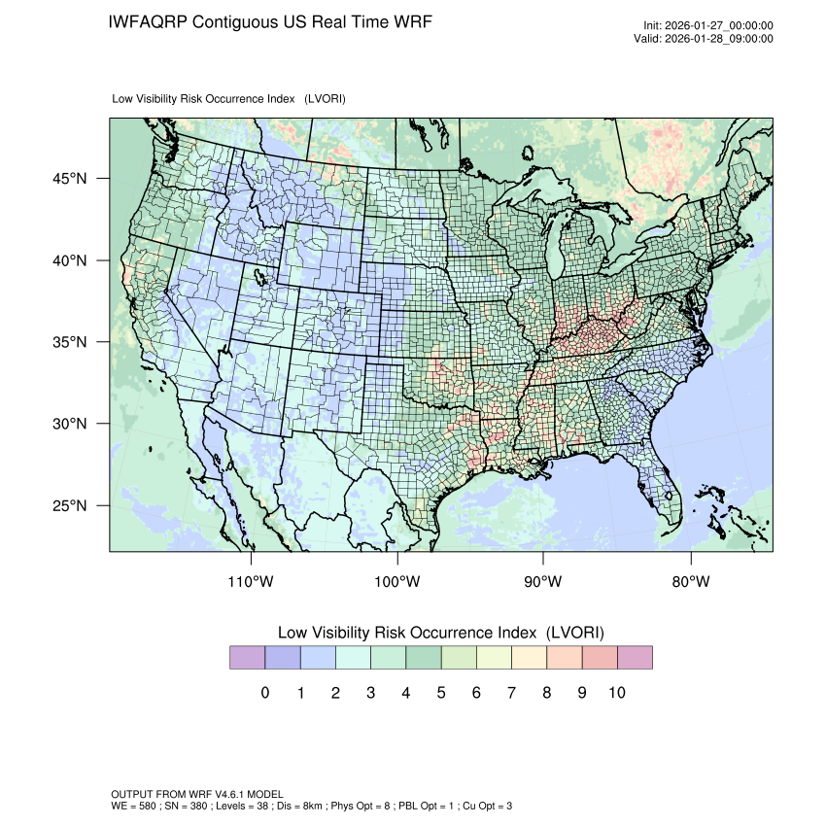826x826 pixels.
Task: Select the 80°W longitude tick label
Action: pyautogui.click(x=690, y=582)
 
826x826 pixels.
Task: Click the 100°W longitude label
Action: pyautogui.click(x=397, y=582)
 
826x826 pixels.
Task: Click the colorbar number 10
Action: pyautogui.click(x=616, y=693)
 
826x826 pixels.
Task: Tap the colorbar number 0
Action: pyautogui.click(x=264, y=693)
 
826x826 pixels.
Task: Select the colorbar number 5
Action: pyautogui.click(x=440, y=693)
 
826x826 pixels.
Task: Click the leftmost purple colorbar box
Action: pyautogui.click(x=247, y=658)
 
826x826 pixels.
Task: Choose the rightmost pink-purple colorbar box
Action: pyautogui.click(x=634, y=658)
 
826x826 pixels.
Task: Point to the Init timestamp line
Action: pyautogui.click(x=708, y=25)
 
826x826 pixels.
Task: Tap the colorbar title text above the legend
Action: pyautogui.click(x=440, y=632)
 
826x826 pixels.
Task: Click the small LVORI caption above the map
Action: pyautogui.click(x=229, y=99)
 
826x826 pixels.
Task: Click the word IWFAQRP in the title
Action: pyautogui.click(x=149, y=21)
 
